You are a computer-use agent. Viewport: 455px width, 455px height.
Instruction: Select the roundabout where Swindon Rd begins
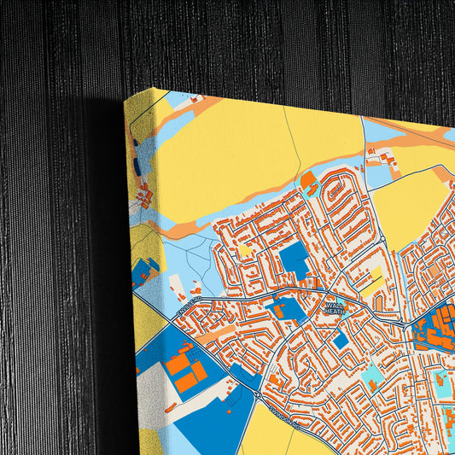tap(257, 394)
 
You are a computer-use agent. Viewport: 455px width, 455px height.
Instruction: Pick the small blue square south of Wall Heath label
tap(341, 340)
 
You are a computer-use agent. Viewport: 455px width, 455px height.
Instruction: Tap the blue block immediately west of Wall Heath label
tap(289, 309)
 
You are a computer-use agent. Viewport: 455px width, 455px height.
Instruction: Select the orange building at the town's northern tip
tap(307, 179)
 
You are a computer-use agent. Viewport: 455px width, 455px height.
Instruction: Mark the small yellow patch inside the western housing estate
tap(246, 250)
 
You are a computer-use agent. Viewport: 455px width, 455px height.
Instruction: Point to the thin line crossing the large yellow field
tap(295, 145)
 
